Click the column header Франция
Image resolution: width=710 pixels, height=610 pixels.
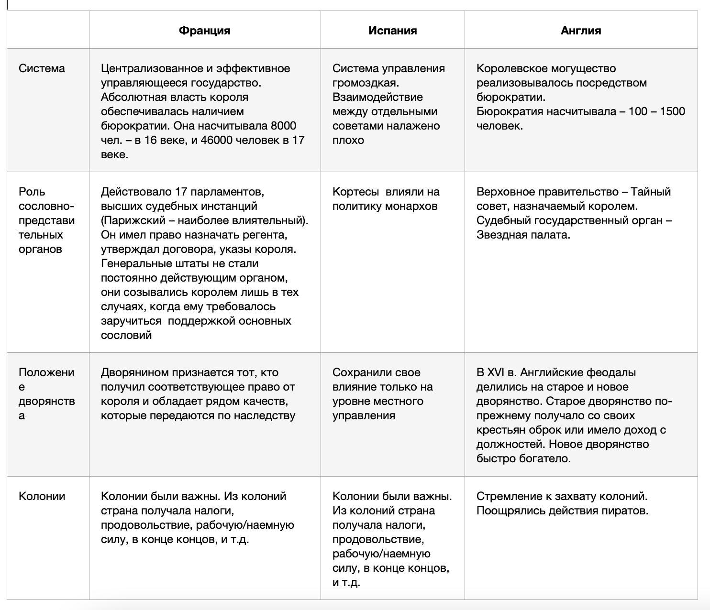tap(204, 31)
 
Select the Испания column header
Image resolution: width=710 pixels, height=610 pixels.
tap(392, 31)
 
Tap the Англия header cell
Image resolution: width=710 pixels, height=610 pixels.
tap(581, 31)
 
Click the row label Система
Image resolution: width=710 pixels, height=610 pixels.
tap(42, 68)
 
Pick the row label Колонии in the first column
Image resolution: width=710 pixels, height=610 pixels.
tap(42, 496)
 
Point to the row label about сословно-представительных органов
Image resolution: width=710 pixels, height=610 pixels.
tap(46, 220)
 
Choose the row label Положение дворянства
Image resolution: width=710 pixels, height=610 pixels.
tap(46, 393)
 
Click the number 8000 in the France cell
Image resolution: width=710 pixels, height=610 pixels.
tap(283, 126)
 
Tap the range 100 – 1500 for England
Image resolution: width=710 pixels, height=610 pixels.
tap(656, 111)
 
